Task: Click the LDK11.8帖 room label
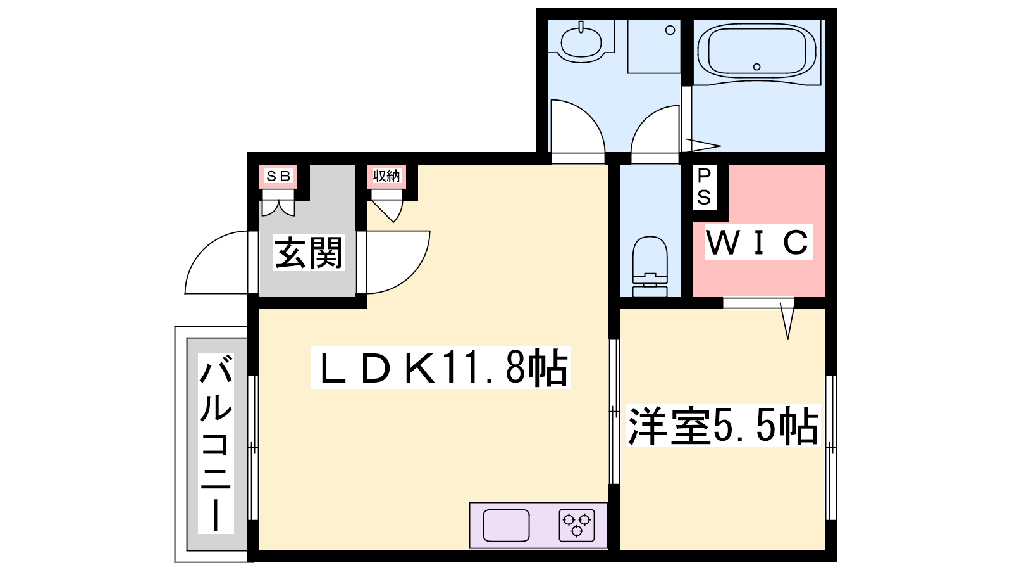[x=440, y=367]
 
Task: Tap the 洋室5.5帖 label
[x=723, y=426]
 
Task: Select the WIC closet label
[x=759, y=242]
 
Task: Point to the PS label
[x=705, y=187]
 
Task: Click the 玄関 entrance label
[x=309, y=253]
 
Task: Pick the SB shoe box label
[x=278, y=176]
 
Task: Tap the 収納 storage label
[x=386, y=176]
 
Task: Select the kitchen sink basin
[x=506, y=525]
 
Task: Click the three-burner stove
[x=576, y=525]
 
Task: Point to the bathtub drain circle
[x=756, y=67]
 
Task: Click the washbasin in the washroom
[x=581, y=42]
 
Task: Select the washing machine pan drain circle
[x=670, y=30]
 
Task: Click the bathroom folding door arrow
[x=703, y=145]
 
